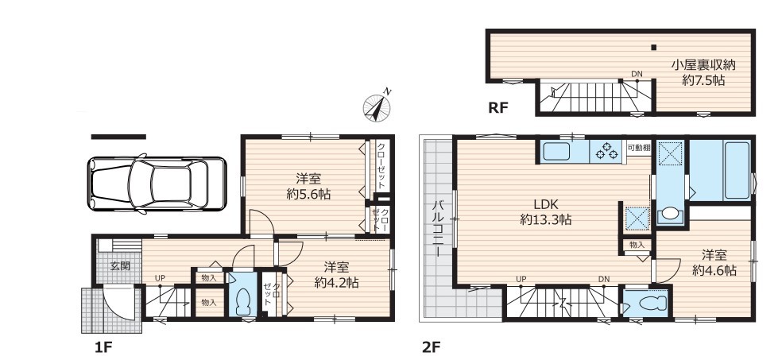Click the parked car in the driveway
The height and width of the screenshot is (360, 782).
pyautogui.click(x=157, y=184)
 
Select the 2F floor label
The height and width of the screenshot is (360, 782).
pyautogui.click(x=432, y=346)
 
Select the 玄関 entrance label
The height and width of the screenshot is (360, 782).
pyautogui.click(x=120, y=265)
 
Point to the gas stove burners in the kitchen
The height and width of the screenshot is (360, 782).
pyautogui.click(x=606, y=150)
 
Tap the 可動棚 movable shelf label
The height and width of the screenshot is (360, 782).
pyautogui.click(x=638, y=148)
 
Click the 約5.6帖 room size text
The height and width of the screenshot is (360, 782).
pyautogui.click(x=308, y=194)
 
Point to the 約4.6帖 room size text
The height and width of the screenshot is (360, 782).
pyautogui.click(x=714, y=271)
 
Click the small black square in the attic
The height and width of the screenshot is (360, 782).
pyautogui.click(x=653, y=48)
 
